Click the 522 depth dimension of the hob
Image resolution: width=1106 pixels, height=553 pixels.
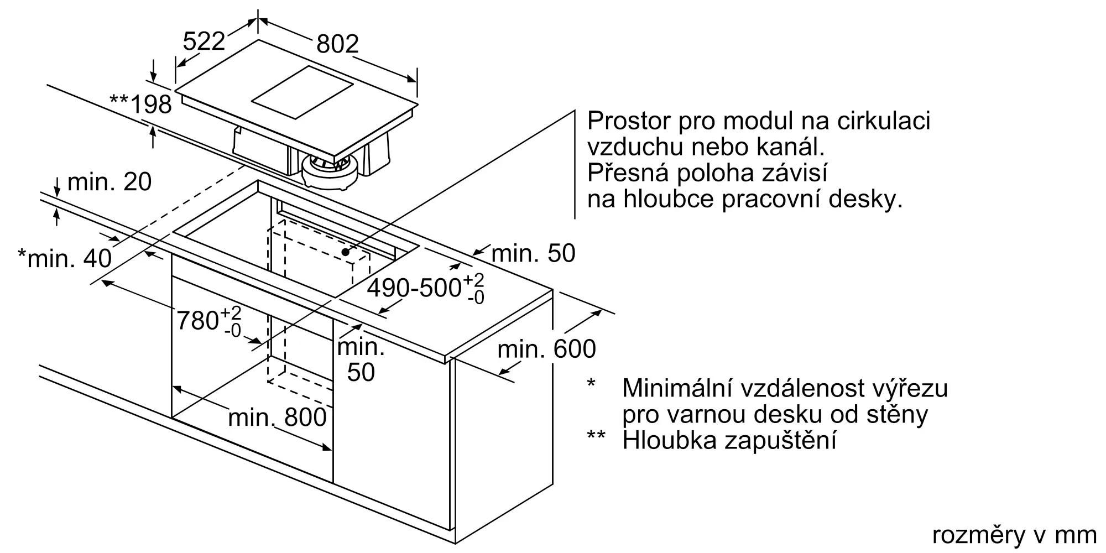point(204,41)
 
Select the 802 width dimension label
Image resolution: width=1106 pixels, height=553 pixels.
point(337,44)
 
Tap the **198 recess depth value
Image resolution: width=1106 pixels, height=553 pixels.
point(141,104)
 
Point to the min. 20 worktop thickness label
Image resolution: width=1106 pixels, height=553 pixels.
point(109,182)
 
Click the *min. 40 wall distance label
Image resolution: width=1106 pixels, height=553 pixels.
point(65,258)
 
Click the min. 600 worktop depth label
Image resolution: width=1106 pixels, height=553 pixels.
point(546,349)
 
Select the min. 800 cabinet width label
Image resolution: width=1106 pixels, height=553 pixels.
point(277,418)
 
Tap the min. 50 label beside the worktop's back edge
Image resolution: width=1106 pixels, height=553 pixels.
point(533,253)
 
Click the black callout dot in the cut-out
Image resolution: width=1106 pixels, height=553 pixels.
point(346,252)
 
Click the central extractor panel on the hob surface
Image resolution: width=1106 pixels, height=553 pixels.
point(302,92)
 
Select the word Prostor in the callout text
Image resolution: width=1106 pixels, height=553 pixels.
point(628,121)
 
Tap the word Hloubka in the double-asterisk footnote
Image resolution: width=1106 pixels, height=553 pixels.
point(666,440)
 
